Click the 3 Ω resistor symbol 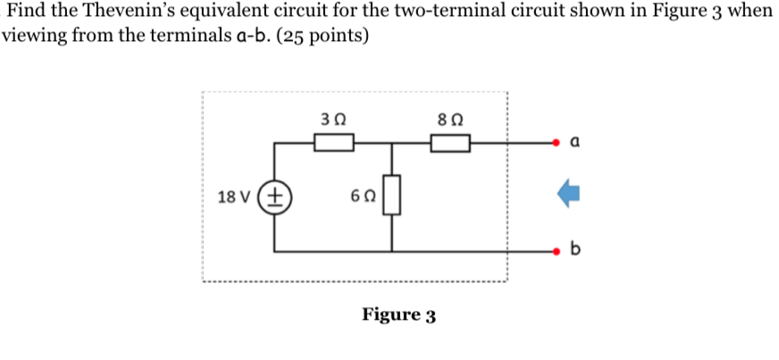332,142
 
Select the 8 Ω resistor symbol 450,142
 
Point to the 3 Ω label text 331,116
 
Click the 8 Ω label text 450,116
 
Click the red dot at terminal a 557,142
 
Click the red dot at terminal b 557,251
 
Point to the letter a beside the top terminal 574,141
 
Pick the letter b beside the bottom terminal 574,249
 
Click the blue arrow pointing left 568,196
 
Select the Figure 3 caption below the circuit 398,315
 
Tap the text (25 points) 324,38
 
